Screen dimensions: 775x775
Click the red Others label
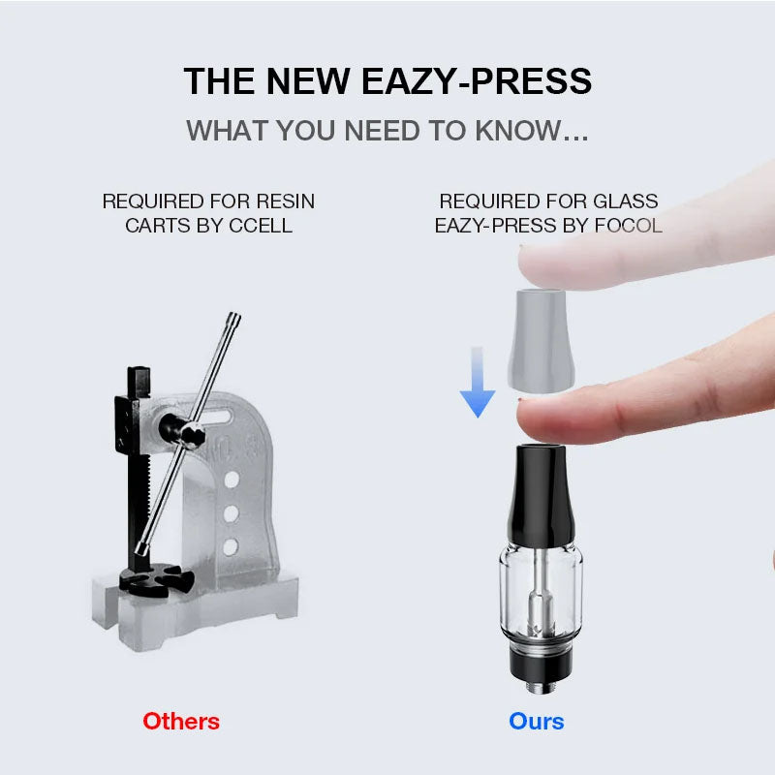[x=181, y=721]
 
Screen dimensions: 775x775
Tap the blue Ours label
[x=536, y=721]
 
